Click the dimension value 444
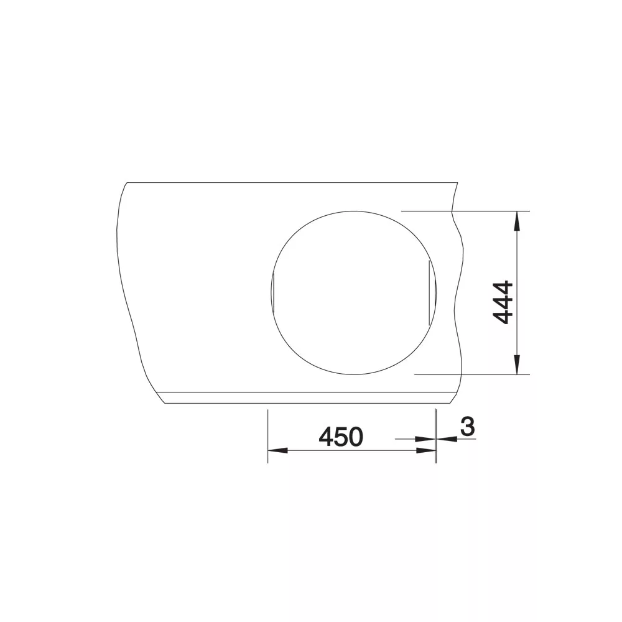[502, 303]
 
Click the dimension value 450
[341, 437]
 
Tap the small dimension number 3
[468, 427]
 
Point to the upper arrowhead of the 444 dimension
[516, 221]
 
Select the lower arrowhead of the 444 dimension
[516, 364]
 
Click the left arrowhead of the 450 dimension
[277, 450]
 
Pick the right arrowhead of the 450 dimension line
[425, 450]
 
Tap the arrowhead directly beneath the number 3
[446, 439]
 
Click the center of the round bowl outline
[353, 293]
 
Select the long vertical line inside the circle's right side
[429, 293]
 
